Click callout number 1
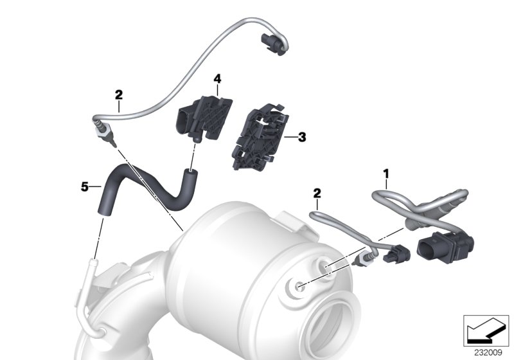pos(386,174)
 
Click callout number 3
pos(302,136)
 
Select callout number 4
pos(217,78)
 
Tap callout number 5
pos(85,186)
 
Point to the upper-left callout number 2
pos(118,94)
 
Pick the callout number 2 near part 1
pos(317,193)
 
